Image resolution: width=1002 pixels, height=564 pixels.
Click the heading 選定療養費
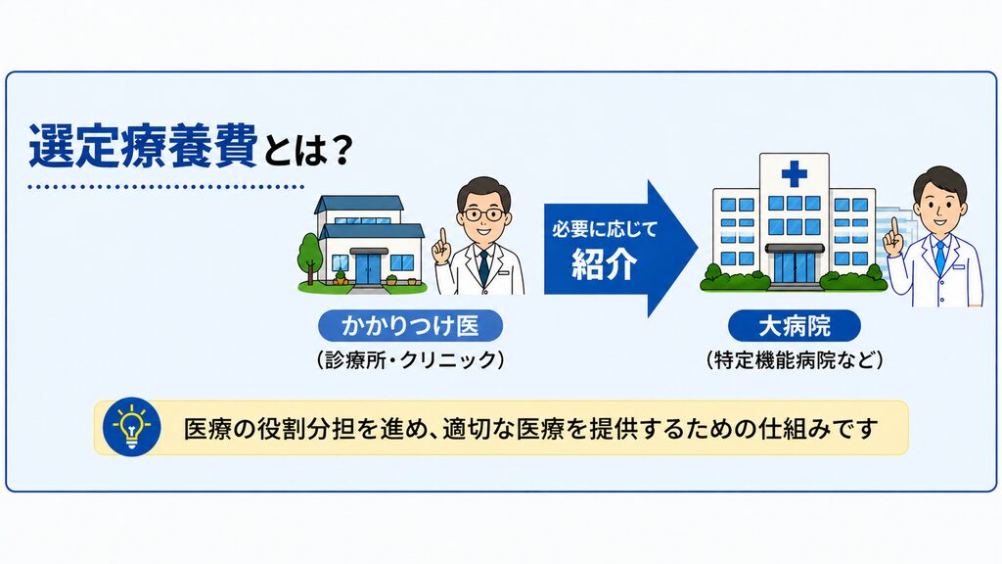click(143, 147)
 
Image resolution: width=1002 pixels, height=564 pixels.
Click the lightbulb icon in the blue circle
click(132, 427)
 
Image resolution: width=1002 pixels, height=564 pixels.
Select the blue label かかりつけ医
click(410, 326)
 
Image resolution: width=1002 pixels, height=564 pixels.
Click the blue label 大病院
click(795, 326)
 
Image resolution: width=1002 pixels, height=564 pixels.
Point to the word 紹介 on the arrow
click(604, 262)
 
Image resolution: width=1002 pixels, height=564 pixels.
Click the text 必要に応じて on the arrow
click(605, 229)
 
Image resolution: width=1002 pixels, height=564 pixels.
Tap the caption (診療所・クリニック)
click(410, 360)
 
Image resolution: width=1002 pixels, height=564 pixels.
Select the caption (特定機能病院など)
click(795, 360)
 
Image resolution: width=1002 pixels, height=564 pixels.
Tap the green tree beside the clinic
click(309, 256)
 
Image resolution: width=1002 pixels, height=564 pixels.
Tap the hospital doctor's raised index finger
click(894, 228)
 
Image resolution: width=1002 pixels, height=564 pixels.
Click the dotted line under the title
click(166, 187)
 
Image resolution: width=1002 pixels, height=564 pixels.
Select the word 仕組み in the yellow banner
click(797, 428)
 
